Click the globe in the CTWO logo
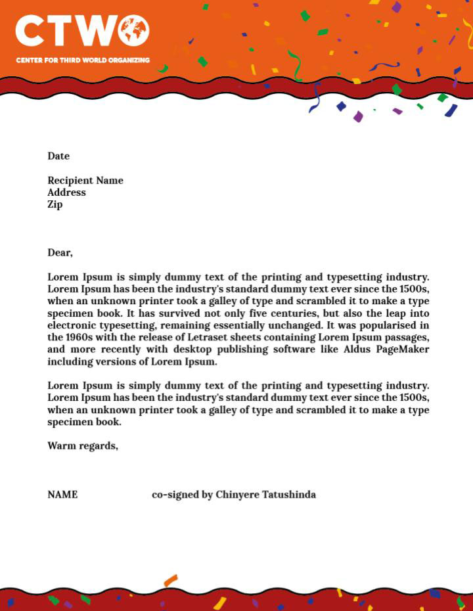coord(134,31)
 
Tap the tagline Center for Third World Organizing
coord(83,60)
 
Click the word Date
coord(58,156)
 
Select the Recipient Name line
coord(85,180)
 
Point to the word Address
coord(66,192)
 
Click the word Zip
coord(55,204)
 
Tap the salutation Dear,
coord(60,252)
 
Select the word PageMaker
coord(403,349)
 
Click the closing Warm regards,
coord(83,445)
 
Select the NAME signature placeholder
coord(62,494)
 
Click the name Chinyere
coord(236,494)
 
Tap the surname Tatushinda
coord(288,494)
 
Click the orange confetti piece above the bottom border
coord(171,580)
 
